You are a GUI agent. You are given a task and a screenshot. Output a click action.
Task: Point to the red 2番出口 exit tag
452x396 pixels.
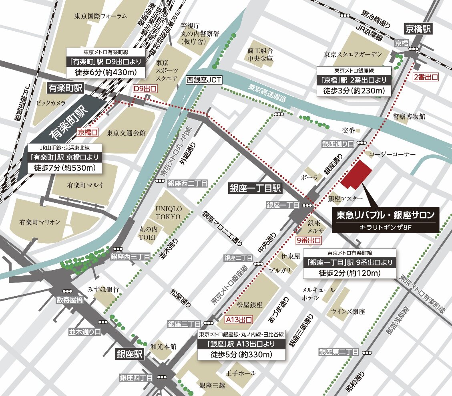point(426,77)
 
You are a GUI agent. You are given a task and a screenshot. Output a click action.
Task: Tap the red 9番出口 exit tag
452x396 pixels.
point(309,240)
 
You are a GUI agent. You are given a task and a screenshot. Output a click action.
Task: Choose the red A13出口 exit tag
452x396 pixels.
point(239,320)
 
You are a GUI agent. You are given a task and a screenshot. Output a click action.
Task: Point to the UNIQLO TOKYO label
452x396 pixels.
point(168,213)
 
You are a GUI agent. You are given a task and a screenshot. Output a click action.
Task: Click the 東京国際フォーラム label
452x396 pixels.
point(100,16)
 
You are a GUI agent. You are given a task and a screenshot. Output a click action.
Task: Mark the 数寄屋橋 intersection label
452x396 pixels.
point(70,299)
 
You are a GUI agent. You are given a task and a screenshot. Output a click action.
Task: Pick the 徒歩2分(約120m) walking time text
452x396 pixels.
point(350,273)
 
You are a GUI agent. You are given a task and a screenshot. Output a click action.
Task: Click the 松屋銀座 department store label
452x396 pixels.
point(249,305)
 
